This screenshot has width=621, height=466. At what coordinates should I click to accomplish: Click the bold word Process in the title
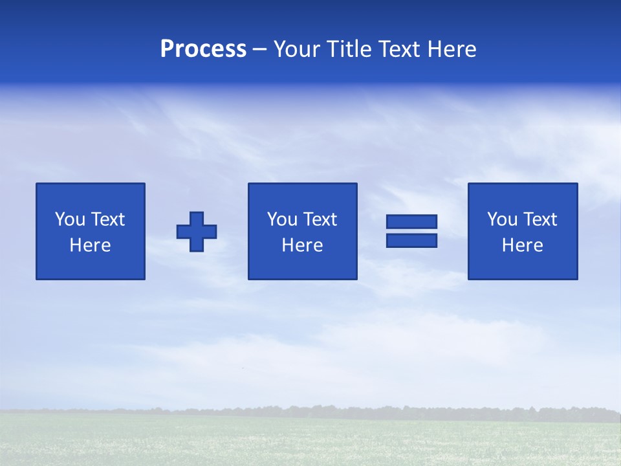pos(203,49)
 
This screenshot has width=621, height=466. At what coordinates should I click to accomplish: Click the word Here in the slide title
pos(453,49)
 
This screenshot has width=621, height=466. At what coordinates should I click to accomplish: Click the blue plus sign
pos(197,232)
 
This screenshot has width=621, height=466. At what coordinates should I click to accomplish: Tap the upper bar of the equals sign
pos(411,222)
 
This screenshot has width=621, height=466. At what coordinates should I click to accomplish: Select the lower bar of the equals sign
pos(411,241)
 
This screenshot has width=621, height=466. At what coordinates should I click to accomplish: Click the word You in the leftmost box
pos(69,219)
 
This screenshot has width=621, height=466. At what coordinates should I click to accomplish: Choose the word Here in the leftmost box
pos(90,245)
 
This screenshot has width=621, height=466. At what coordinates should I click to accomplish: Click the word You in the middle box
pos(281,219)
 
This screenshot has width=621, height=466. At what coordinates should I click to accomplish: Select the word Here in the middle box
pos(302,245)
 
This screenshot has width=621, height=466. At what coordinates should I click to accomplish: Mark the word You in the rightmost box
pos(501,219)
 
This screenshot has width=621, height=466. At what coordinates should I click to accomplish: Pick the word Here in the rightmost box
pos(522,245)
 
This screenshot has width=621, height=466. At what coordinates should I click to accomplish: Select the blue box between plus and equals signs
pos(302,265)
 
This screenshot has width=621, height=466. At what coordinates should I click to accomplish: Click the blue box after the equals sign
pos(522,265)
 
